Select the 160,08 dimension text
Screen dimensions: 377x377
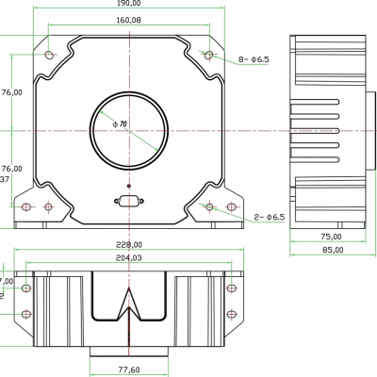[130, 20]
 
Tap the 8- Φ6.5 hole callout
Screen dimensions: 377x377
[254, 59]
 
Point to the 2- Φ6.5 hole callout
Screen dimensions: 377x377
[269, 218]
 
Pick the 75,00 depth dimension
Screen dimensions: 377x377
[330, 238]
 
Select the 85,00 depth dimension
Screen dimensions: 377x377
[330, 251]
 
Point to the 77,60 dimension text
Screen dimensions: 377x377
[129, 370]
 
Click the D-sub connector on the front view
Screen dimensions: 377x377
[127, 200]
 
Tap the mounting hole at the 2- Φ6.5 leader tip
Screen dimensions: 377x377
[209, 206]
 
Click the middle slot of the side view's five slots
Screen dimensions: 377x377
[332, 129]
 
